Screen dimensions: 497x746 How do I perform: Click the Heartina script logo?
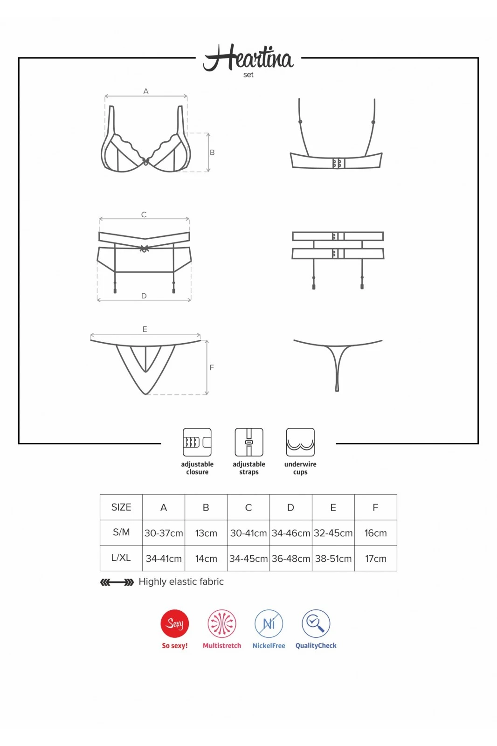(248, 58)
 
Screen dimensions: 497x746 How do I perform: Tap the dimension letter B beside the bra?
(212, 152)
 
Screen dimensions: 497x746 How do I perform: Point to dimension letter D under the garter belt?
(144, 296)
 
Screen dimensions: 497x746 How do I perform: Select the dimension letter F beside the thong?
(212, 367)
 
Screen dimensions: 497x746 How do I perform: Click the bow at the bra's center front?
(145, 161)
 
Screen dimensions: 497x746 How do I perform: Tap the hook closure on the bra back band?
(338, 163)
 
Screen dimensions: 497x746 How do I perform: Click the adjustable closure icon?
(197, 442)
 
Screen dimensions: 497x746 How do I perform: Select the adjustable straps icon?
(249, 442)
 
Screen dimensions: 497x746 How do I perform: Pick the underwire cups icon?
(300, 442)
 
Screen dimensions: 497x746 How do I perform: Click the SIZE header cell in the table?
(121, 507)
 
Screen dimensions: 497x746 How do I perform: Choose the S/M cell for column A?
(164, 533)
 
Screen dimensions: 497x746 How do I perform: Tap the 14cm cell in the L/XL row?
(206, 559)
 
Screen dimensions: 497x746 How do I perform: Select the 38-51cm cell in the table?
(333, 559)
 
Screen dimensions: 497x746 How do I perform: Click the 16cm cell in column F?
(375, 533)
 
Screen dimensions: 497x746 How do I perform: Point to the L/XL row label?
(121, 558)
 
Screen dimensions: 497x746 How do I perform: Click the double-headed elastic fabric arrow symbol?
(117, 582)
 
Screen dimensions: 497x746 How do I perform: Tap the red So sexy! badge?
(174, 623)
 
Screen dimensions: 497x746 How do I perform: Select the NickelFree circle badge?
(269, 623)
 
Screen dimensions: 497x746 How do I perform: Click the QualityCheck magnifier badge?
(316, 623)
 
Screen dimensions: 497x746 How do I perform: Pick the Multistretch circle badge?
(222, 623)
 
